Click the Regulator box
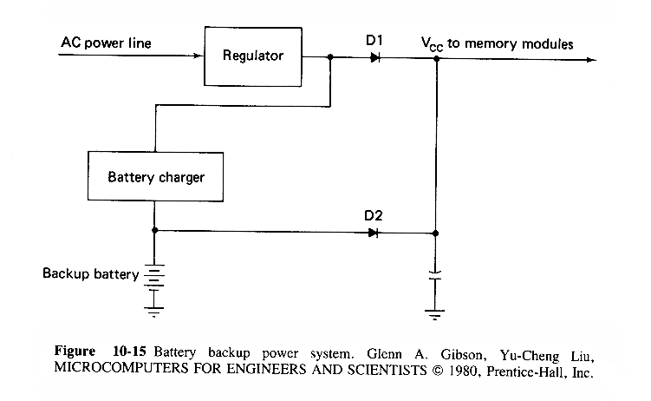(x=252, y=56)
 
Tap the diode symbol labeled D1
(x=374, y=58)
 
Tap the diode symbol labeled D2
(x=374, y=233)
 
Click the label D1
(x=374, y=40)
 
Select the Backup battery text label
(x=91, y=274)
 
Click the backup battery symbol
(x=153, y=276)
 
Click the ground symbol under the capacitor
(x=436, y=310)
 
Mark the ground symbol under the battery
(x=153, y=308)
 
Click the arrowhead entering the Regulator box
(x=197, y=57)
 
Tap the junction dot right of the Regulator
(x=330, y=58)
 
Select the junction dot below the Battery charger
(x=153, y=232)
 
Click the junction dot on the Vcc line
(x=436, y=59)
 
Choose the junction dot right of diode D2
(x=436, y=233)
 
